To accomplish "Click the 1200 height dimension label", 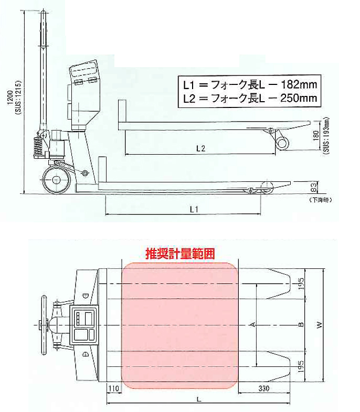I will [x=12, y=100].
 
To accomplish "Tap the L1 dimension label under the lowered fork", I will [x=193, y=209].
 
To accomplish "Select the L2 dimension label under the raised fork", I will [x=200, y=148].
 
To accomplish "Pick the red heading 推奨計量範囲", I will [x=180, y=254].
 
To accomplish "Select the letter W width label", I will [x=319, y=325].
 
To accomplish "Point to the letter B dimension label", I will [x=301, y=325].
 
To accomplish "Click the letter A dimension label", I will [x=253, y=325].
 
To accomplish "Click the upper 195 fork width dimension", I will [x=301, y=283].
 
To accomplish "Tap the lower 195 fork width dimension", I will [x=301, y=365].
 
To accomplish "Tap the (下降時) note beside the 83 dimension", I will [x=321, y=200].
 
